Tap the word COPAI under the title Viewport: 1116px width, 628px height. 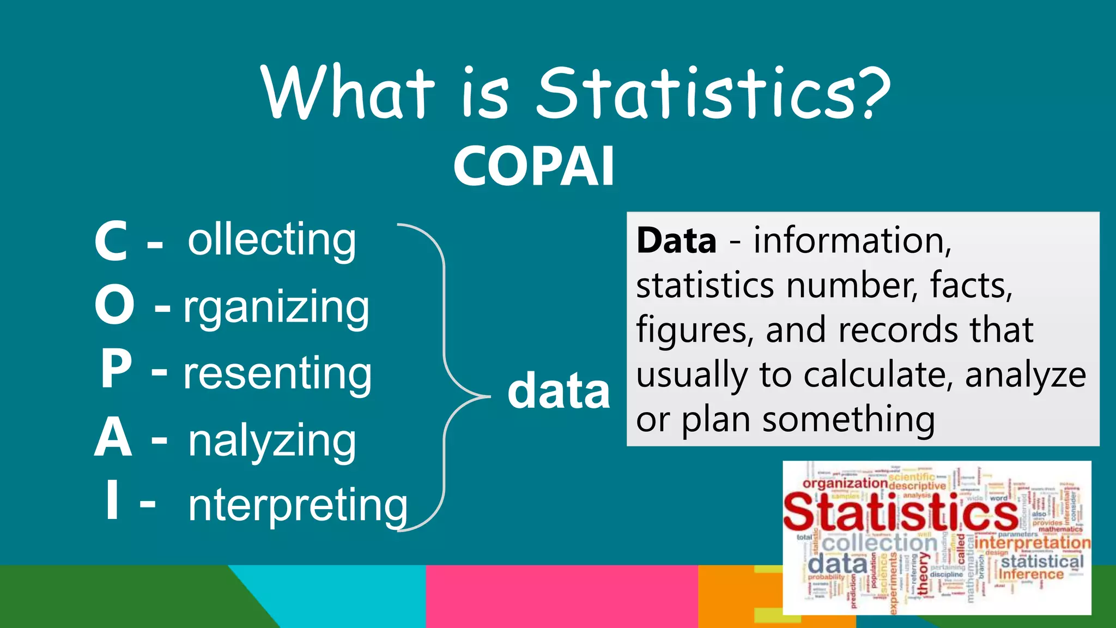(x=533, y=167)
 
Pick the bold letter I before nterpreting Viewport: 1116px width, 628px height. (x=112, y=500)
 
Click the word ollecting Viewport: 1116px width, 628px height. (x=272, y=240)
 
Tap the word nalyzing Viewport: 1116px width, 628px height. (x=272, y=441)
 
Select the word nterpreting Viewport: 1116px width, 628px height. (x=298, y=505)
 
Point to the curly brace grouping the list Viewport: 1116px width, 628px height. (x=444, y=376)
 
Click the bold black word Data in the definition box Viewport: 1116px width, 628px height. (x=676, y=240)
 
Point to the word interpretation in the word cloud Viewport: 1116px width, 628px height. (x=1032, y=543)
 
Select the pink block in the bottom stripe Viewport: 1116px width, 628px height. (x=561, y=596)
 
